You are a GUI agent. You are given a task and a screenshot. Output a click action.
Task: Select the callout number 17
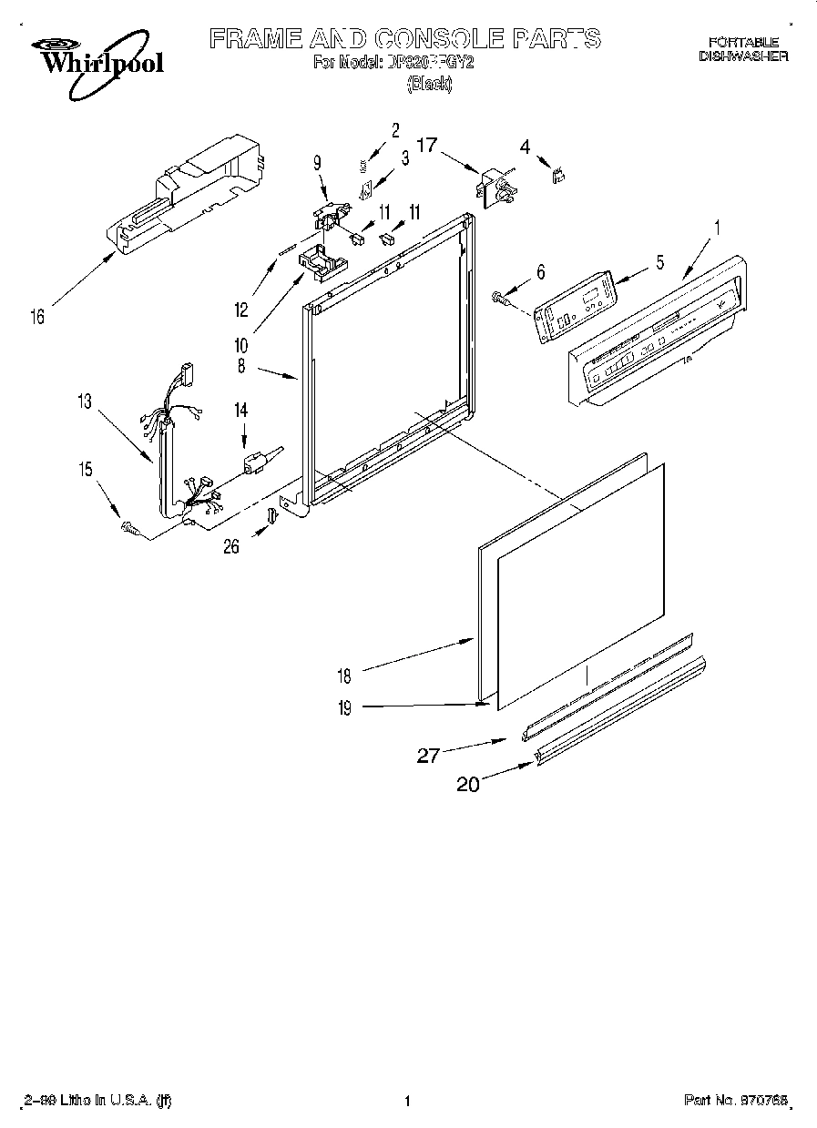coord(427,145)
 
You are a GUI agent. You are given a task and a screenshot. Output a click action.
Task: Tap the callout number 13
coord(85,401)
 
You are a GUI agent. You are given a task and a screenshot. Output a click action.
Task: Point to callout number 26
coord(231,546)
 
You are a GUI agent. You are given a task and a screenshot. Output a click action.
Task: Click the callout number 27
coord(429,754)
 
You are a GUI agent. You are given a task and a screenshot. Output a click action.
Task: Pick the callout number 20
coord(467,785)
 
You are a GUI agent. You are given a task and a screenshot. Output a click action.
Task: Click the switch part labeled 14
coord(256,462)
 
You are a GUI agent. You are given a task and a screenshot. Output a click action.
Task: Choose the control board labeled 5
coord(574,307)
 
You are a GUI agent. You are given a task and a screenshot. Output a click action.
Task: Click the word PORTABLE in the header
coord(744,42)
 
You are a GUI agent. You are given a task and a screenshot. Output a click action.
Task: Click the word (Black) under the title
coord(428,85)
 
